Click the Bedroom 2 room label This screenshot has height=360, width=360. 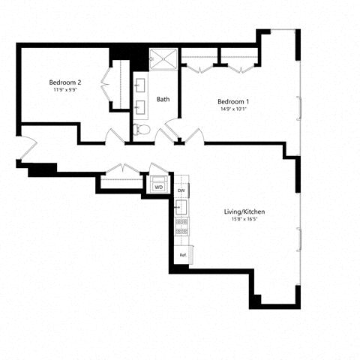coord(64,82)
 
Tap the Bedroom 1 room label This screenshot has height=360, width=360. coord(232,101)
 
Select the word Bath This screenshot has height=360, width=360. coord(163,99)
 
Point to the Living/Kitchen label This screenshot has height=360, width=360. coord(244,212)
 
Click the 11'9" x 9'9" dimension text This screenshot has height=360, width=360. coord(64,90)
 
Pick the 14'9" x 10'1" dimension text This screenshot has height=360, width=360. coord(232,109)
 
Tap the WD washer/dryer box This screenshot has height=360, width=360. coord(159,186)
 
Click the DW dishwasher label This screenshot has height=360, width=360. coord(181,190)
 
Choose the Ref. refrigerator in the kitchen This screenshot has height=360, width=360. coord(182,255)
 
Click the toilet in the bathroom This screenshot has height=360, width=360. coord(142,130)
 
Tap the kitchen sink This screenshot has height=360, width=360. coord(181,206)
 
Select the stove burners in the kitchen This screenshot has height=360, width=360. coord(181,226)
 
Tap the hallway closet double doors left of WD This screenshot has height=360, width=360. coord(120,171)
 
